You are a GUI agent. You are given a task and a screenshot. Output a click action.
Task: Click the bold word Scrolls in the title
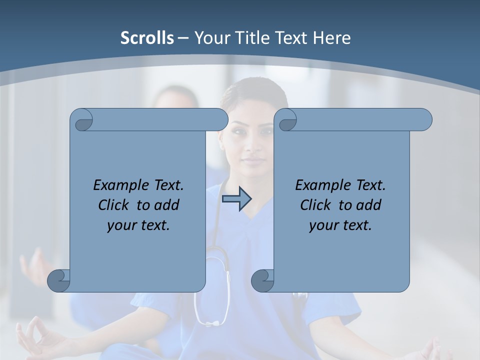(x=147, y=38)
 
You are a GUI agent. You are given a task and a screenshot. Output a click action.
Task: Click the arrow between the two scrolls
(x=236, y=198)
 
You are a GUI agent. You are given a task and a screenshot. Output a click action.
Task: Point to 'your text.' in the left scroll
(x=138, y=225)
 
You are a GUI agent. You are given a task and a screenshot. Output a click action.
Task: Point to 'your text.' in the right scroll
(x=340, y=225)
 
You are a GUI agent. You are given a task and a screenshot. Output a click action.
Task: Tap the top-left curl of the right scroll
(x=286, y=120)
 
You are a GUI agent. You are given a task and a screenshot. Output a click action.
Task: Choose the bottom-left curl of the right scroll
(x=262, y=280)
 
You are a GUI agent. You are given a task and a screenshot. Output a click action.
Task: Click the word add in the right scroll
(x=369, y=205)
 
